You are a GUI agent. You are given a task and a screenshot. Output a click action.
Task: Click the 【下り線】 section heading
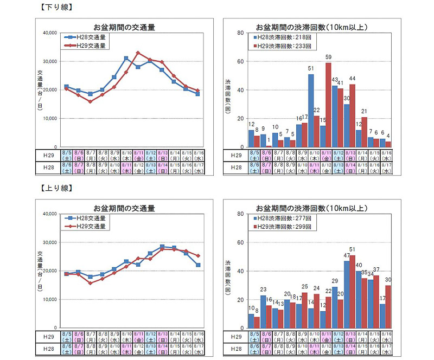(x=56, y=7)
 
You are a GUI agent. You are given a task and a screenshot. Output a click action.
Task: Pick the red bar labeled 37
(x=376, y=301)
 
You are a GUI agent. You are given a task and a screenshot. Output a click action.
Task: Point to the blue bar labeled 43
(x=335, y=116)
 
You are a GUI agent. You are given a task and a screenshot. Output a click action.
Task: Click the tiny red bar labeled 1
(x=269, y=146)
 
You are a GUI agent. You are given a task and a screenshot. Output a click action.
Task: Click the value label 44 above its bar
(x=352, y=79)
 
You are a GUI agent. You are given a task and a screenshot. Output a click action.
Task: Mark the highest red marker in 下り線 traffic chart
(x=138, y=53)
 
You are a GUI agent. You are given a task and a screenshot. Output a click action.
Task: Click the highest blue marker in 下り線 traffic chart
(x=126, y=58)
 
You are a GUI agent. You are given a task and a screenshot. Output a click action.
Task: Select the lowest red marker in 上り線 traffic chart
(x=90, y=283)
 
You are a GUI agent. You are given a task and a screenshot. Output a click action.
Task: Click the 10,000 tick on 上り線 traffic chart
(x=49, y=299)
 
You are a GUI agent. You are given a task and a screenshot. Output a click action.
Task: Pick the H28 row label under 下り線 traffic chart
(x=48, y=168)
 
